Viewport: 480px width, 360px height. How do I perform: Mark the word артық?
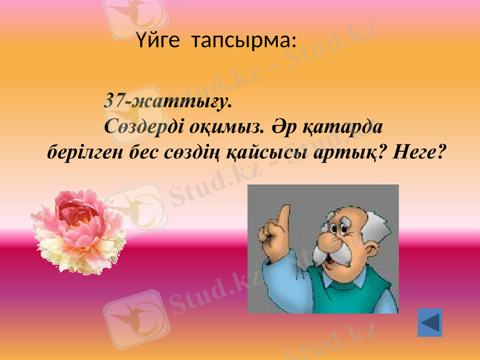pos(344,154)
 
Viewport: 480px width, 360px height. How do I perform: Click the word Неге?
pos(419,154)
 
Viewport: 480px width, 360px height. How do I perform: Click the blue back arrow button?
pos(430,323)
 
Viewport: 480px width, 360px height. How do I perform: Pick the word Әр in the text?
pos(280,127)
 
